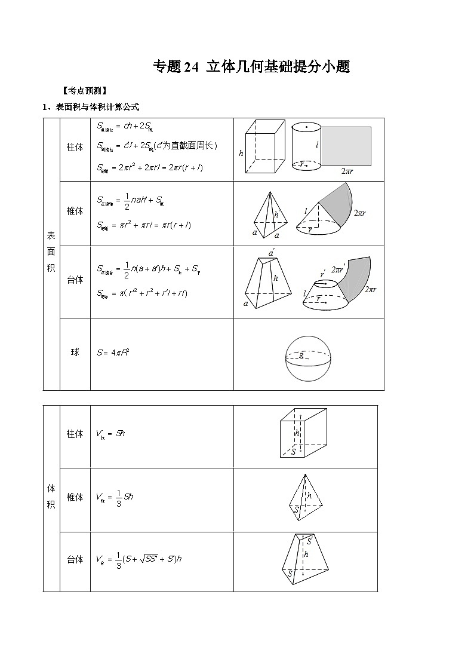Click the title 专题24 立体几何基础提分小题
(251, 67)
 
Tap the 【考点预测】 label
(84, 91)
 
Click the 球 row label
(75, 353)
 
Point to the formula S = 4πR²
(113, 353)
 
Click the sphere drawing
(308, 358)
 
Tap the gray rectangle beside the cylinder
(346, 146)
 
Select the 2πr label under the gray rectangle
(348, 171)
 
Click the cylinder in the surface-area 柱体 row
(306, 147)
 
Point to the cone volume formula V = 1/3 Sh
(111, 498)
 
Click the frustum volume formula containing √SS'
(138, 560)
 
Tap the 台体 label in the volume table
(75, 560)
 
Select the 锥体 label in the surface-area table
(75, 211)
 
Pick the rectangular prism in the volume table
(303, 434)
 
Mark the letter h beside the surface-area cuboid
(241, 154)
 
